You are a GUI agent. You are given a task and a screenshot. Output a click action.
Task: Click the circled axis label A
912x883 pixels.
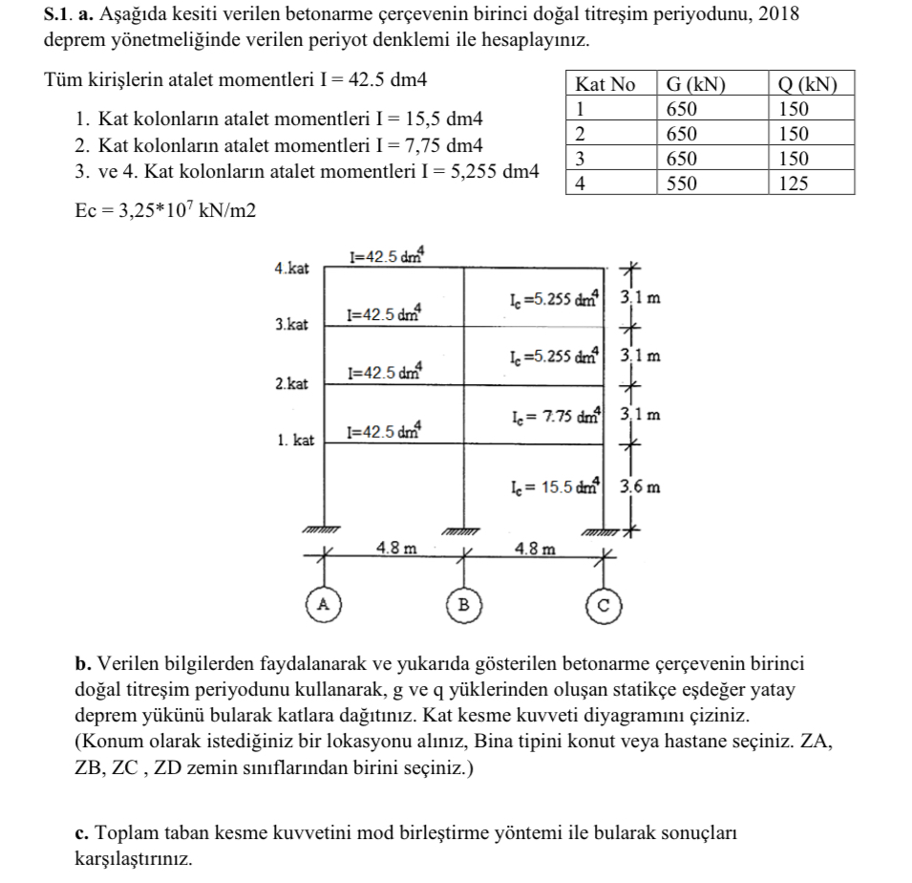[323, 603]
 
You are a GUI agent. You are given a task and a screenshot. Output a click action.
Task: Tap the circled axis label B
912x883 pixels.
[463, 604]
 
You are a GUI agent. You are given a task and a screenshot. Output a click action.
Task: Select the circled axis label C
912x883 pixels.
[603, 604]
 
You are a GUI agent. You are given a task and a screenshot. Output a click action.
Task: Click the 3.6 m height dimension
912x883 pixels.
[640, 485]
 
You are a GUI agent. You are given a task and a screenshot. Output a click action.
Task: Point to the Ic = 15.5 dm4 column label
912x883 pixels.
[555, 486]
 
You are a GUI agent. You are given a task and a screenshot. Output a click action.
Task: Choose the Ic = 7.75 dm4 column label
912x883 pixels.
[555, 416]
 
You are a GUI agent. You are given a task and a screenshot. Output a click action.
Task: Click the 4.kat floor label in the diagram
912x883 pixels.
[291, 269]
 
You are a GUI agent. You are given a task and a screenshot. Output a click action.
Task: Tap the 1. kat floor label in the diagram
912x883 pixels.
[295, 441]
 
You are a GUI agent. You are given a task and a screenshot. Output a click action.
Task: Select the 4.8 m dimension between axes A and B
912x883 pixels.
[396, 549]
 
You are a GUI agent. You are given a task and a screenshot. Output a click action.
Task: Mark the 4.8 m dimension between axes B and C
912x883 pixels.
[533, 549]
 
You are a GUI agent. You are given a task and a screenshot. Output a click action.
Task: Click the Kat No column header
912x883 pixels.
[605, 84]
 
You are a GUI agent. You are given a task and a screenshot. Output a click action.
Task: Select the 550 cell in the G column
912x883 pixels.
[682, 183]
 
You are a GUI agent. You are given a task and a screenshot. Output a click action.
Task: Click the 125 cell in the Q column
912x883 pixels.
[793, 183]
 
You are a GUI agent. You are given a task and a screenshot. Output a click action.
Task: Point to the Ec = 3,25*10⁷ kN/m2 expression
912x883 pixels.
[165, 209]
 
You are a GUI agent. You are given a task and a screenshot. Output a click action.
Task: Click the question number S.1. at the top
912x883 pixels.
[59, 14]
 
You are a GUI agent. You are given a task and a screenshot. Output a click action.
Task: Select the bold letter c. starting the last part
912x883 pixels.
[81, 833]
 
